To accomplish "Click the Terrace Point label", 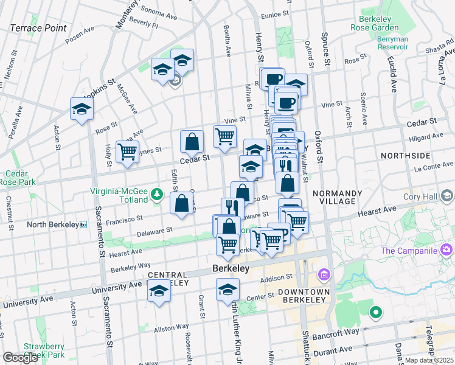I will [x=38, y=28].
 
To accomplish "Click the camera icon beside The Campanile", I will [x=447, y=249].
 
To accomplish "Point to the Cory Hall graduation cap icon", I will [x=447, y=196].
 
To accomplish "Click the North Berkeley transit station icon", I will [x=84, y=224].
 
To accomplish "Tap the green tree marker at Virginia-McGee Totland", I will [x=157, y=194].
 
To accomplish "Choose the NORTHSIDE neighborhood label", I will [x=405, y=156].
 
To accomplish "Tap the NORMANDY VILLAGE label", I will [x=338, y=197].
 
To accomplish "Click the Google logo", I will [x=20, y=358].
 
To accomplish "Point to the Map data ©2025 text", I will [x=429, y=360].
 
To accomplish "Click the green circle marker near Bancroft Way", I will [x=376, y=313].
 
